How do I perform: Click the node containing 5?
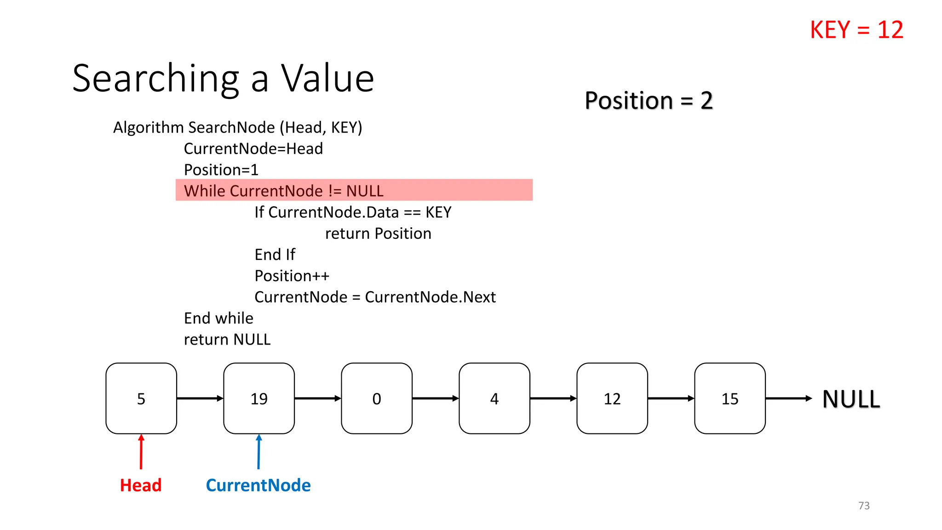(141, 398)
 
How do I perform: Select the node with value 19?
(259, 398)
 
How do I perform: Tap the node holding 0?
(377, 398)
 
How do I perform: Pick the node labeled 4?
(494, 398)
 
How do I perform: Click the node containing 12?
(612, 398)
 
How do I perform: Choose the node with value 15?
(730, 398)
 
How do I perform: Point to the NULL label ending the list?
(851, 399)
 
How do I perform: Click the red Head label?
(141, 485)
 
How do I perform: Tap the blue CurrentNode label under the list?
(258, 485)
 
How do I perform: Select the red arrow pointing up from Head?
(141, 452)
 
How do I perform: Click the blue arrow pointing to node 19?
(259, 452)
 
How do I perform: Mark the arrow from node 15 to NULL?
(788, 398)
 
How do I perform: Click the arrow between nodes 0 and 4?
(435, 398)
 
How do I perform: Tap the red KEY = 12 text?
(856, 30)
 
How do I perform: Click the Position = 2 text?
(649, 100)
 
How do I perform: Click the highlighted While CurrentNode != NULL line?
(354, 190)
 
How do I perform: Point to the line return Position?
(378, 233)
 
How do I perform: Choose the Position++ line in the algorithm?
(292, 276)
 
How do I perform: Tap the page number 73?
(864, 506)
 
